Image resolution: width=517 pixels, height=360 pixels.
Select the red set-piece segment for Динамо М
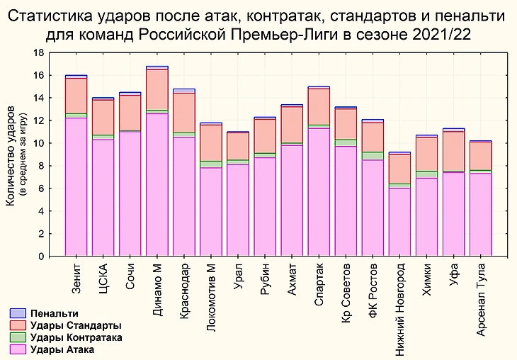pos(157,90)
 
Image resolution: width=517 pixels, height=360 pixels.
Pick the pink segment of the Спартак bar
pos(319,191)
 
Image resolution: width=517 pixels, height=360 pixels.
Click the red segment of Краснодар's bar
pos(184,113)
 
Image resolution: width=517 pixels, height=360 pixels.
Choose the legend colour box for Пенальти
pos(18,313)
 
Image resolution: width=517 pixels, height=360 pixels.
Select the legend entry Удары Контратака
pos(77,337)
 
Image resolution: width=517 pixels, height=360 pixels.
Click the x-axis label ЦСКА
pos(103,274)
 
